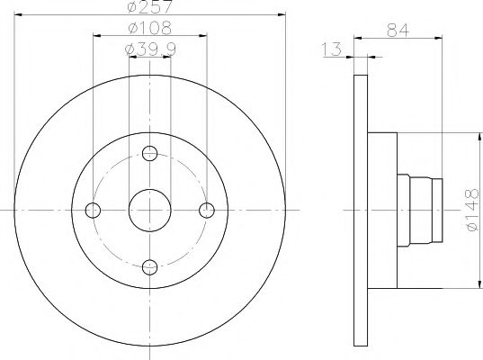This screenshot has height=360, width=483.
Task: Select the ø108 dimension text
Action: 150,27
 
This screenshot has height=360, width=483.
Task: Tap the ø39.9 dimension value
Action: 150,46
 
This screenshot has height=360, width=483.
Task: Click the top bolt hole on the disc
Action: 150,153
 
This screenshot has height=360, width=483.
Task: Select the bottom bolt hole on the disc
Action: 150,266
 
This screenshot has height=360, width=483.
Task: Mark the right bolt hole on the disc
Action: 207,210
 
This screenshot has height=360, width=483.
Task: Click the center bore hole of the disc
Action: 150,210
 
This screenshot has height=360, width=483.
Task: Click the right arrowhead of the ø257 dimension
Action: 282,17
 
